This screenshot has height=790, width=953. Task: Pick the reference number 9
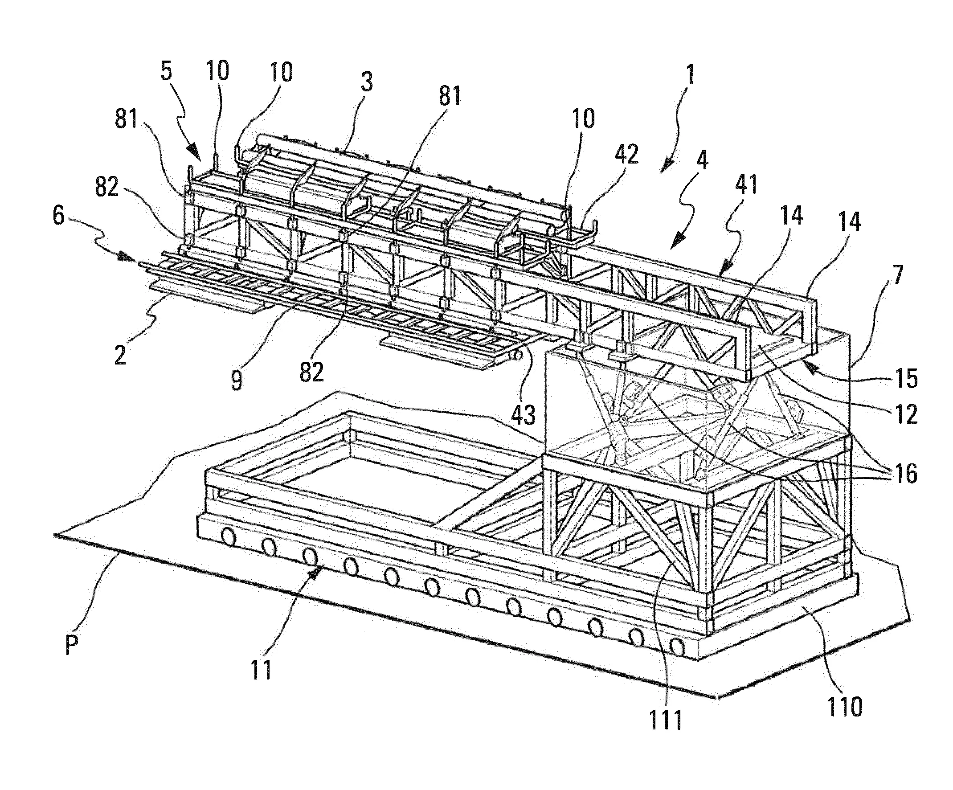tap(237, 380)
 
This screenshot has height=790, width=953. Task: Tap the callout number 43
tap(523, 414)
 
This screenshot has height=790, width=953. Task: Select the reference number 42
tap(627, 154)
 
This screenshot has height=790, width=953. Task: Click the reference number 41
tap(746, 184)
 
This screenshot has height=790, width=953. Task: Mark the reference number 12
tap(907, 414)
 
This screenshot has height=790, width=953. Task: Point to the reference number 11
tap(262, 669)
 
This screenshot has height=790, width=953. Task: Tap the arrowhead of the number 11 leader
tap(321, 567)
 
